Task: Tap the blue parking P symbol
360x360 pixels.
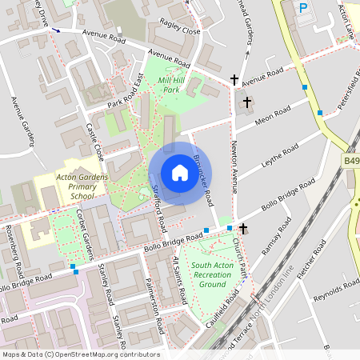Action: coord(303,8)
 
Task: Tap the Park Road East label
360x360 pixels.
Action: coord(125,94)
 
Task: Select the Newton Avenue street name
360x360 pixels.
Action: coord(234,166)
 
